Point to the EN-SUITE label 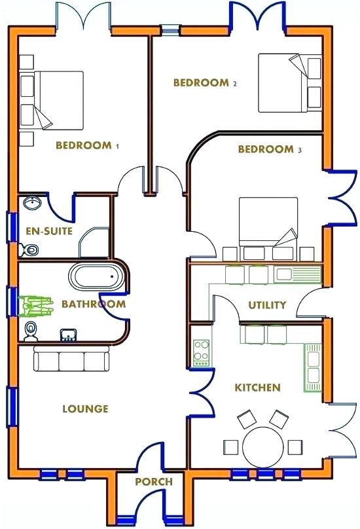(49, 231)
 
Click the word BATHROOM (94, 304)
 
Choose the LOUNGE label (85, 409)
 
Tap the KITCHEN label (257, 388)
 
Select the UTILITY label (267, 305)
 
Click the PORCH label (154, 482)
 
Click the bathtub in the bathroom (98, 277)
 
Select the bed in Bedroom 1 (58, 100)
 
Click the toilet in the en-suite (29, 249)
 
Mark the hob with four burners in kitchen (201, 353)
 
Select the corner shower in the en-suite (94, 246)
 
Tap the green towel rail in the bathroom (37, 305)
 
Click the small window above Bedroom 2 (170, 29)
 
